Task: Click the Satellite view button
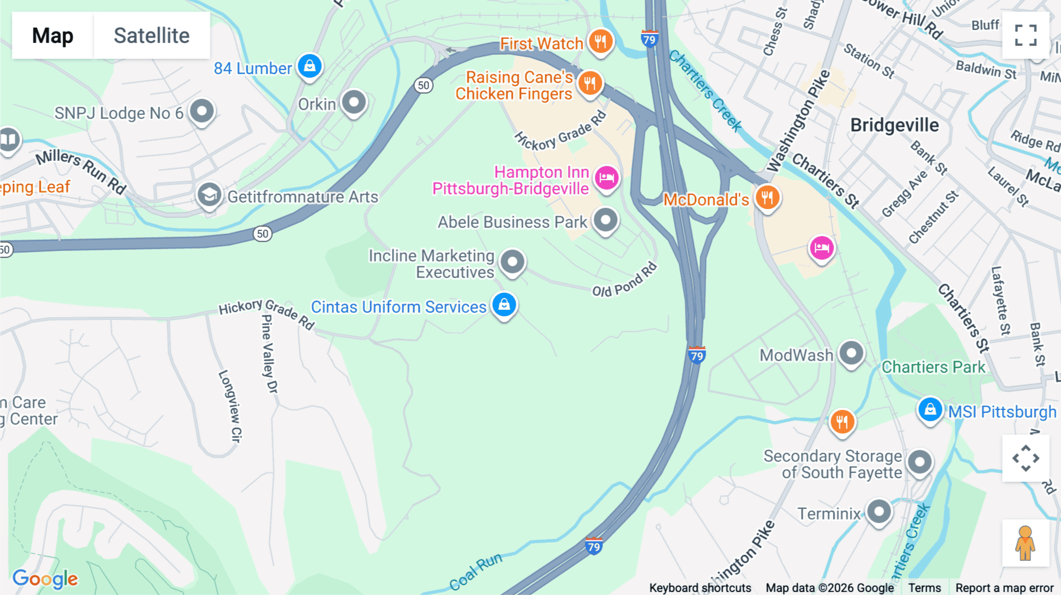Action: point(151,35)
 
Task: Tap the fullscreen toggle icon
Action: point(1026,35)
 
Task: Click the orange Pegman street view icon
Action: point(1026,543)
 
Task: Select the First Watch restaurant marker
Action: point(601,41)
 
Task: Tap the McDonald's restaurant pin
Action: point(767,197)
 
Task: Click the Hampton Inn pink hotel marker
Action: point(607,177)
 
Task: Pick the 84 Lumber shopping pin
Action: point(309,66)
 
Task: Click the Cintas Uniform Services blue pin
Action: point(504,305)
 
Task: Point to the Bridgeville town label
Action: point(894,125)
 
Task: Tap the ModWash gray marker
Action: point(851,353)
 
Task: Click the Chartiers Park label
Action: point(933,367)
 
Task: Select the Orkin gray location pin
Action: point(354,103)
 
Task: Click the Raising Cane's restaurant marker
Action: point(589,83)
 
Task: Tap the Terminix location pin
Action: point(879,511)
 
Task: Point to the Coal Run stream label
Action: point(476,571)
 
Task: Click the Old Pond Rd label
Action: point(624,280)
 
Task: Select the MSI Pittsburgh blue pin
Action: point(930,409)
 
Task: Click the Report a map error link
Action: point(1004,587)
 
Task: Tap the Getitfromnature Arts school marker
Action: point(209,195)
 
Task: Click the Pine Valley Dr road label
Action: point(269,353)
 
